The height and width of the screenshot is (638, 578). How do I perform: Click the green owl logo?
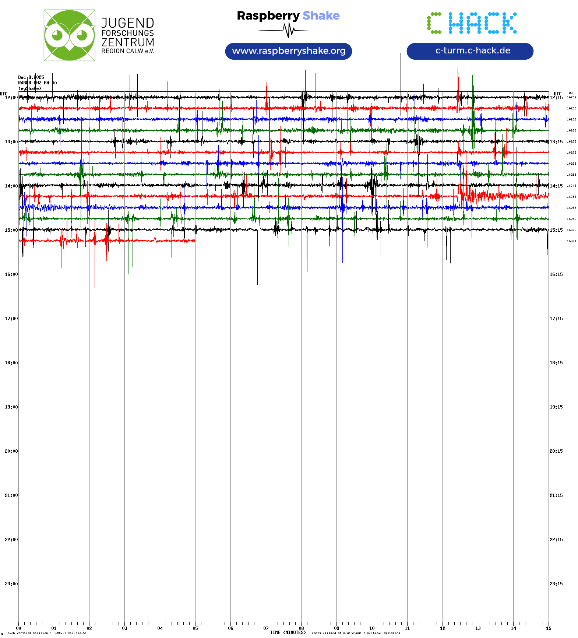69,35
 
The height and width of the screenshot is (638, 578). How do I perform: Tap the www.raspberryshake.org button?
289,51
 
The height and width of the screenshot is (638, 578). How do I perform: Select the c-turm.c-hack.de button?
470,51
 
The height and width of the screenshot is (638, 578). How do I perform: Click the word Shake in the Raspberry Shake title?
321,15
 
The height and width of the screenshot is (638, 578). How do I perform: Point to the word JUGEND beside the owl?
127,23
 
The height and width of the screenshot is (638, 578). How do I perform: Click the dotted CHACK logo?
472,23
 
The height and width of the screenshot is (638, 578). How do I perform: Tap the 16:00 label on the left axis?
11,274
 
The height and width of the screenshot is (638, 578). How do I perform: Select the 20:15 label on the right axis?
556,451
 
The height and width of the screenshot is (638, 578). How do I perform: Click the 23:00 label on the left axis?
11,584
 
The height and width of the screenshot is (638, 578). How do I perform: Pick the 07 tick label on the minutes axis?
266,628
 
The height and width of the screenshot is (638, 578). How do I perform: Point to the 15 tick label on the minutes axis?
549,628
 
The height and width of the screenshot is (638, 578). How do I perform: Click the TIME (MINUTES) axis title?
288,632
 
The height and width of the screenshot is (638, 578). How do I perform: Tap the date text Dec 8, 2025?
31,77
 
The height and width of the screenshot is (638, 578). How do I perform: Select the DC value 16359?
571,197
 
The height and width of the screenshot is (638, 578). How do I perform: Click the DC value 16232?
571,97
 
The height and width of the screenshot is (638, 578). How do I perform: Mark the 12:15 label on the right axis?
556,98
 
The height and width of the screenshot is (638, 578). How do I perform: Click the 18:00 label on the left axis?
11,363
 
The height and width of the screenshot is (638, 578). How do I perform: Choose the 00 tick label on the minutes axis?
19,628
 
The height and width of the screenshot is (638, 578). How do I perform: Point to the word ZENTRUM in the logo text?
127,42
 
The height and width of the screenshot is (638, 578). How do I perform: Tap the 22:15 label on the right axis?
556,540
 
